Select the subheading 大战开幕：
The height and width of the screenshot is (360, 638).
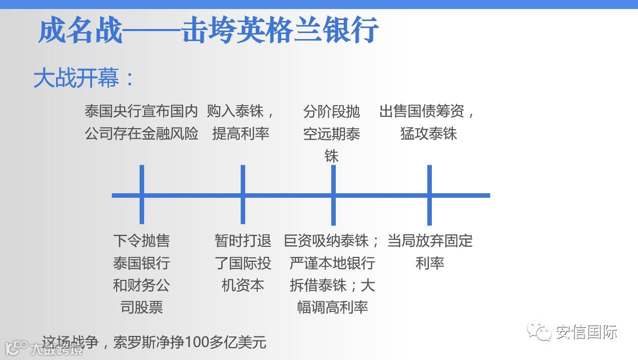(84, 79)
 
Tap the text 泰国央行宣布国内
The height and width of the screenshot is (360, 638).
(141, 111)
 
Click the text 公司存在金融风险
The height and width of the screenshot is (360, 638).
(141, 134)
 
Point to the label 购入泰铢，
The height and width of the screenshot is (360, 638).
(241, 111)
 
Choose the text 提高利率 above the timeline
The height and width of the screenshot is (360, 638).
(241, 134)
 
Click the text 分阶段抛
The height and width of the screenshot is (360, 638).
(331, 111)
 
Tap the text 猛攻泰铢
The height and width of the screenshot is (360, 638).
(429, 134)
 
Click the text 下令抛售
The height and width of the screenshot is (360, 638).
(142, 241)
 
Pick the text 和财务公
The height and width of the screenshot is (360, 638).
(142, 285)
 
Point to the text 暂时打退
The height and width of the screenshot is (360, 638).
(243, 241)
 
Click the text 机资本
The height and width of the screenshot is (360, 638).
(243, 285)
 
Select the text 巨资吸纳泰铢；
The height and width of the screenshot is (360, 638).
(332, 241)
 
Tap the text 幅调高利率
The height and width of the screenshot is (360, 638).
(332, 307)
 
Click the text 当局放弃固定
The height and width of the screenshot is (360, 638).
(430, 241)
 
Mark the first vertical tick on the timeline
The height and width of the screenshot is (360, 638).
(142, 194)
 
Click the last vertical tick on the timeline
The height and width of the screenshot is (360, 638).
(429, 194)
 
